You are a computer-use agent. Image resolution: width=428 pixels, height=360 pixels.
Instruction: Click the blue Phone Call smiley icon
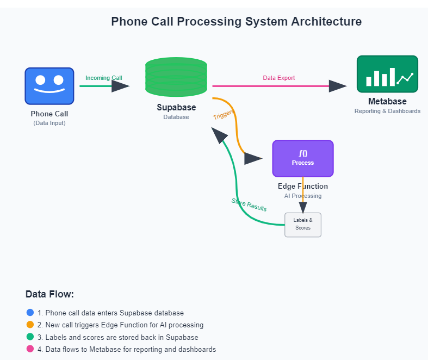coord(49,86)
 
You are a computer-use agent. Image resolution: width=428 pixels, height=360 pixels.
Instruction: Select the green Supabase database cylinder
coord(176,77)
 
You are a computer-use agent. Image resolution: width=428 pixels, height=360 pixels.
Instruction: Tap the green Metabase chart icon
coord(387,74)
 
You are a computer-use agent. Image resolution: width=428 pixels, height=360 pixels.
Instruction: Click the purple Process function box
coord(303,159)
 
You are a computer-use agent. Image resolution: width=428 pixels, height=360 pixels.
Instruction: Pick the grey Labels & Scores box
coord(303,225)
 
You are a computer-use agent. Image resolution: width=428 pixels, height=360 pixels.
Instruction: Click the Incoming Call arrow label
coord(104,78)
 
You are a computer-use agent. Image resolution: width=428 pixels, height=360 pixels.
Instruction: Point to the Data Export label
coord(278,78)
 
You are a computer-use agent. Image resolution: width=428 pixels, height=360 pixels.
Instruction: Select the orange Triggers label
coord(224,115)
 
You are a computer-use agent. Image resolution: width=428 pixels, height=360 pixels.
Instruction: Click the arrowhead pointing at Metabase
coord(338,86)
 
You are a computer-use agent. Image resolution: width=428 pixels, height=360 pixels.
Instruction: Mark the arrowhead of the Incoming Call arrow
coord(120,86)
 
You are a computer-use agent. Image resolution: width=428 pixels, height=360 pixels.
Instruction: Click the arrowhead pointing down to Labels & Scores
coord(303,207)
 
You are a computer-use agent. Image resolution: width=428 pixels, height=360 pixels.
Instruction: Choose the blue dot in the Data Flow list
coord(30,313)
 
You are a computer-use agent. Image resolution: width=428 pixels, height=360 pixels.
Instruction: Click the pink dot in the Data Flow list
coord(30,349)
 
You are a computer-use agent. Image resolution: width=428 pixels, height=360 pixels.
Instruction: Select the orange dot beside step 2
coord(30,325)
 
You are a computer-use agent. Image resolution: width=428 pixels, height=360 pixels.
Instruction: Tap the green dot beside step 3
coord(30,337)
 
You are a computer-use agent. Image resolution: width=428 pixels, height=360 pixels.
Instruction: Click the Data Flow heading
coord(49,294)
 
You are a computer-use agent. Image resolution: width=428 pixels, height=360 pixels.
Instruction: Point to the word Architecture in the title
coord(326,22)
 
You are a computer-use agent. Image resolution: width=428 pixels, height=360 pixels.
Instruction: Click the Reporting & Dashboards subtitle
coord(387,111)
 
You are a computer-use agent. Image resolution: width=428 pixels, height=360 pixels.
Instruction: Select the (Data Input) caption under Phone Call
coord(49,123)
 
